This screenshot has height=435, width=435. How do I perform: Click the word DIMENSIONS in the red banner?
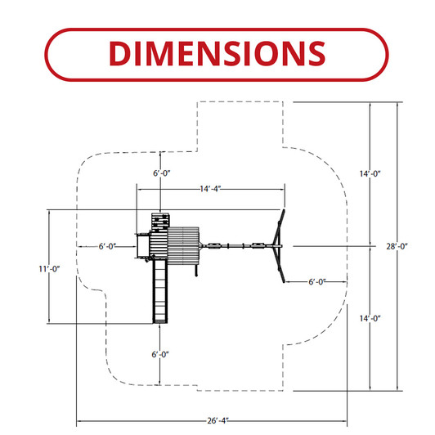tap(217, 53)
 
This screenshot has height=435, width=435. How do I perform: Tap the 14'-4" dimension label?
tap(210, 189)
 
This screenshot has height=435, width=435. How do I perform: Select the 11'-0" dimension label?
tap(49, 269)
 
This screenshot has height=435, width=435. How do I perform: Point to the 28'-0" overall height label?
tap(397, 246)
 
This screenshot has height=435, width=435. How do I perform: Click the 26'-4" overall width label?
tap(218, 420)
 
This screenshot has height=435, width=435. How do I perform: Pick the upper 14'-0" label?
tap(370, 173)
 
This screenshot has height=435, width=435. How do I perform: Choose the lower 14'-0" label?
tap(370, 319)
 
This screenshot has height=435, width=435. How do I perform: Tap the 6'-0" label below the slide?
tap(160, 355)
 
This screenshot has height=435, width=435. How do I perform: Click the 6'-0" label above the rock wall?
tap(162, 173)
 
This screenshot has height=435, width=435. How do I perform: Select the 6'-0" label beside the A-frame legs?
tap(317, 282)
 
